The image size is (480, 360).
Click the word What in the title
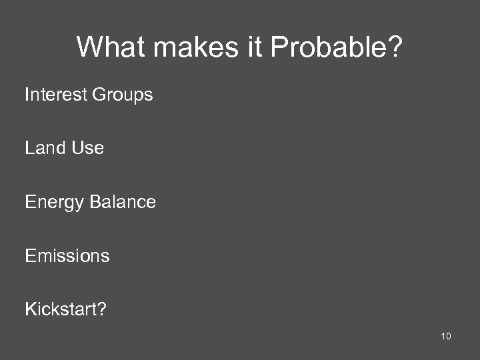[x=106, y=47]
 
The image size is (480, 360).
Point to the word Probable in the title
[x=326, y=47]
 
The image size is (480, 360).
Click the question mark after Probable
[x=395, y=47]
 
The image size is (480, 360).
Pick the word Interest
[x=55, y=95]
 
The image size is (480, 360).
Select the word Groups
[x=122, y=95]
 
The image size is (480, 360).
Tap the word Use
[x=88, y=148]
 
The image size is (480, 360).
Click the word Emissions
[x=67, y=255]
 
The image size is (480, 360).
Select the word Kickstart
[x=61, y=309]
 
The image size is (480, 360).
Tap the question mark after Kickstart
[x=102, y=309]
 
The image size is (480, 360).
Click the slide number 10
[x=446, y=336]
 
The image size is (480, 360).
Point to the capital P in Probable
[x=280, y=47]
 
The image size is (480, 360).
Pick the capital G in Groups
[x=98, y=95]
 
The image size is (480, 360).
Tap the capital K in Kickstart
[x=30, y=309]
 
